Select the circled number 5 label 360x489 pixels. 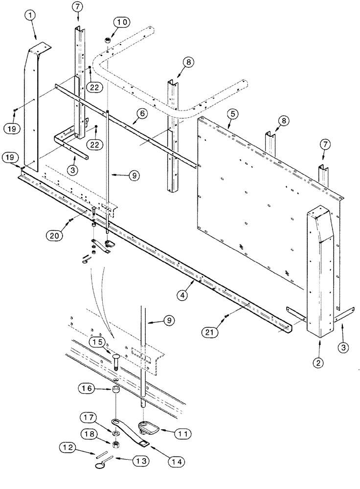[232, 114]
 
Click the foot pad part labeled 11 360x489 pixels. [147, 427]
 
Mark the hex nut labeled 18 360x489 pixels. [117, 445]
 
